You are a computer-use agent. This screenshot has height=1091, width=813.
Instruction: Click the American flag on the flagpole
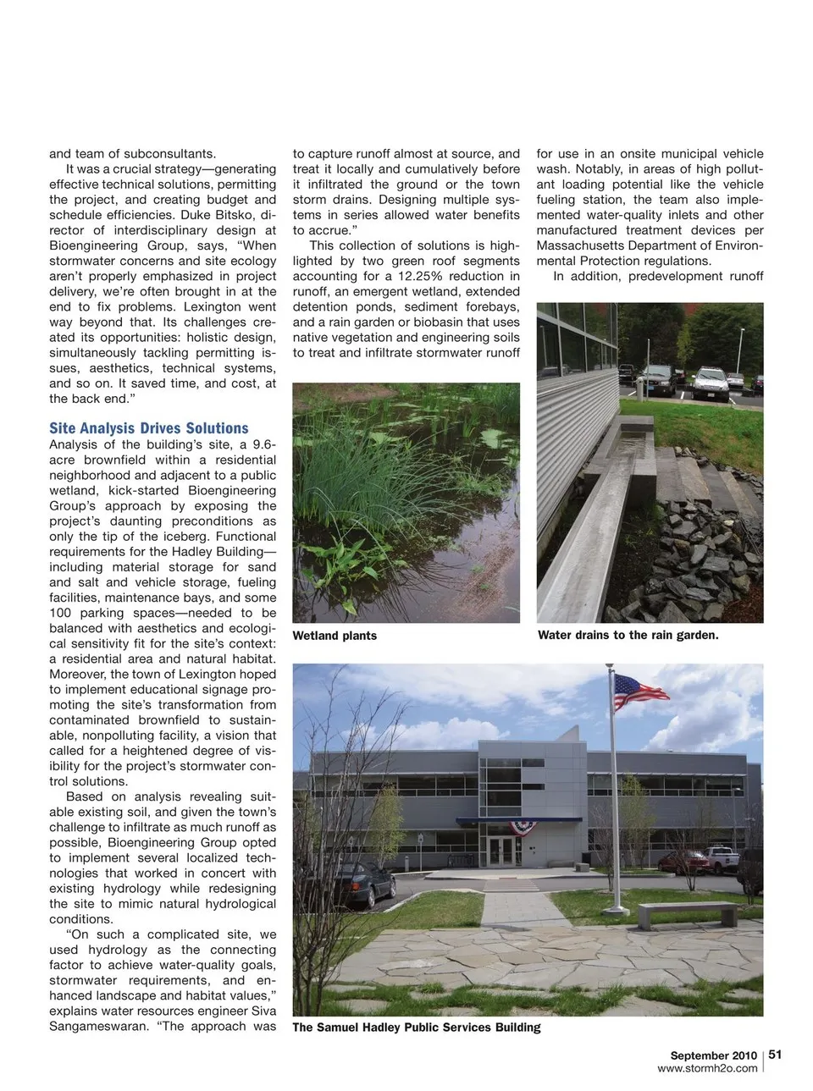640,689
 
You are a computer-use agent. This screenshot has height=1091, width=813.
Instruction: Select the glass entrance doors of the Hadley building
500,851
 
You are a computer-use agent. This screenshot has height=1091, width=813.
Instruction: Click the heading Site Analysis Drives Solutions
149,428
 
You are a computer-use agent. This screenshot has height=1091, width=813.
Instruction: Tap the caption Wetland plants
335,636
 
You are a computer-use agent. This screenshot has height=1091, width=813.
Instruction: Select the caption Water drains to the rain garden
628,635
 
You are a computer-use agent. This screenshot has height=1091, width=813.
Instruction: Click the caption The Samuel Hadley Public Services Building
416,1027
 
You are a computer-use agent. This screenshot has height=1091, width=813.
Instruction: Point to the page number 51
775,1055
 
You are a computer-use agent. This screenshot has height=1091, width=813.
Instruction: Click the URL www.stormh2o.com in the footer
707,1068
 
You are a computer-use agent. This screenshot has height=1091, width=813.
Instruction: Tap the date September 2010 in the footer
713,1055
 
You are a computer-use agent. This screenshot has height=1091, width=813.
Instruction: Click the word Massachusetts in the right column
577,245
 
